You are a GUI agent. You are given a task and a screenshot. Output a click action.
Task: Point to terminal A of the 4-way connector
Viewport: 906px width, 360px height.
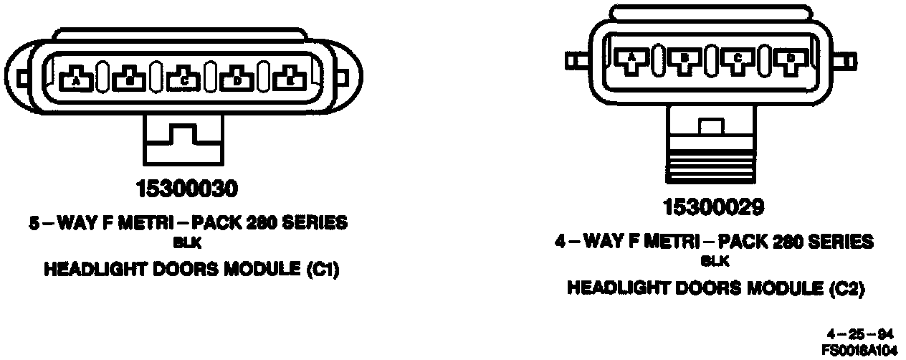631,60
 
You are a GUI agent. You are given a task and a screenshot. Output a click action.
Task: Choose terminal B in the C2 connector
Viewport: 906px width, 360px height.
685,60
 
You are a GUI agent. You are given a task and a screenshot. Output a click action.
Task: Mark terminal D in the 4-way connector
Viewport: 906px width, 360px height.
791,60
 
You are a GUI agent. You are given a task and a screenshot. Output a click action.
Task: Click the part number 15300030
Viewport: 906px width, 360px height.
187,189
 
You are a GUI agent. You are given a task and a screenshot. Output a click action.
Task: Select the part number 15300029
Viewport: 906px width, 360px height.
713,208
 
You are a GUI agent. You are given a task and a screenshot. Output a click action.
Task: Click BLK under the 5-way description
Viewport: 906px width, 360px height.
181,244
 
